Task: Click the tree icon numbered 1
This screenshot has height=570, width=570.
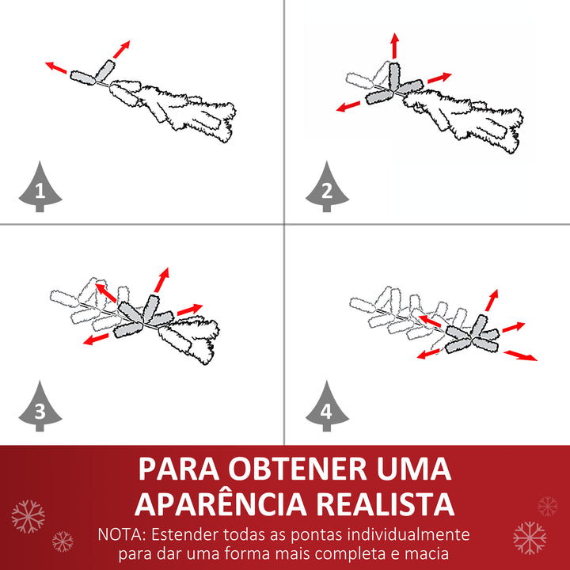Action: (40, 188)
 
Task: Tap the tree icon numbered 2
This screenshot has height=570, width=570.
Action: (327, 188)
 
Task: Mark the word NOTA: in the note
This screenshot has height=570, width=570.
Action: (121, 534)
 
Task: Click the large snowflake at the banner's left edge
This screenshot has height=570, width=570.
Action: (28, 516)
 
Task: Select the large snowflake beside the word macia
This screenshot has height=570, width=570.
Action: (529, 538)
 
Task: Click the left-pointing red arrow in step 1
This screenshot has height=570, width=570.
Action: (56, 67)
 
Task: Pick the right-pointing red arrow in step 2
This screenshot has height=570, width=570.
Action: (439, 78)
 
